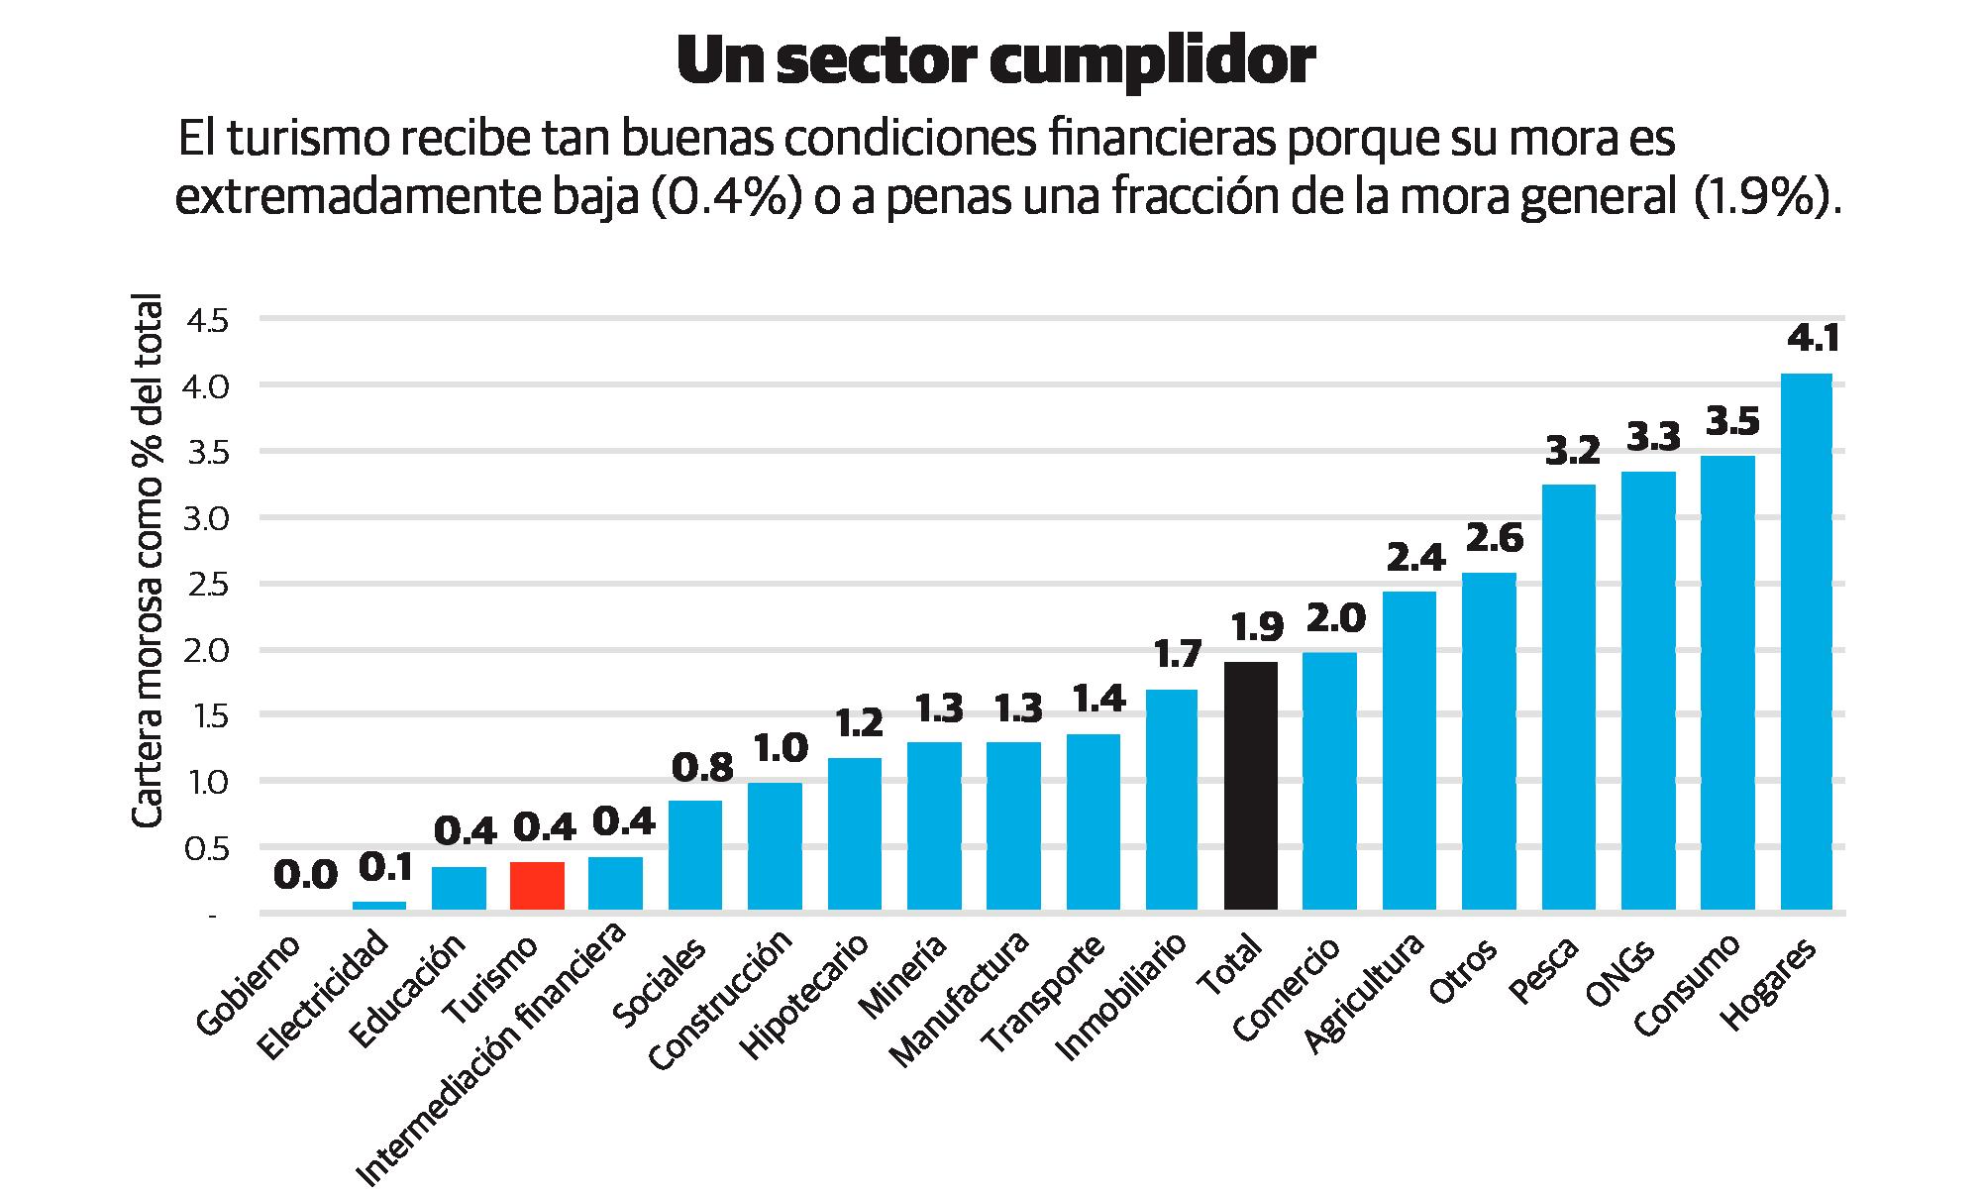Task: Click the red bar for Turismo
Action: point(537,886)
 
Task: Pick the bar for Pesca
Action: point(1569,698)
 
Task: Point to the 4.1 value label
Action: point(1813,340)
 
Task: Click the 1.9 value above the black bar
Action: point(1257,627)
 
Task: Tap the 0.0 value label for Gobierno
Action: point(305,875)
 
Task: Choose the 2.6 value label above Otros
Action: point(1495,538)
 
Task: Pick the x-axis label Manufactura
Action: point(959,999)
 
